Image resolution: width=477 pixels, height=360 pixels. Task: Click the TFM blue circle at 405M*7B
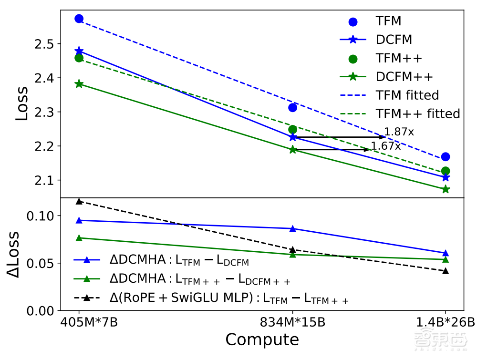click(79, 19)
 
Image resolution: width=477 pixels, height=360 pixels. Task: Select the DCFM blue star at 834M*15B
click(293, 137)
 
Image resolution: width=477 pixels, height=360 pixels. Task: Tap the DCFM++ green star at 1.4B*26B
click(446, 189)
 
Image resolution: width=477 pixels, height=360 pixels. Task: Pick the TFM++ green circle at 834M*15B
click(293, 129)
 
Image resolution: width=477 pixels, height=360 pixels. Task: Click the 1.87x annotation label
click(399, 132)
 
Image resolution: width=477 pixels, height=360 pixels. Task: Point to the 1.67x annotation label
click(386, 146)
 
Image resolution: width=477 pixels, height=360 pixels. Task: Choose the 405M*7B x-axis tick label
click(89, 323)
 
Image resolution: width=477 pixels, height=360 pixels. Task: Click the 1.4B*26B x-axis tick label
click(445, 323)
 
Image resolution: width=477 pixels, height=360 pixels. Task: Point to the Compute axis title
click(262, 340)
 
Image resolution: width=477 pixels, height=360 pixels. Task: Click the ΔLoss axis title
click(14, 255)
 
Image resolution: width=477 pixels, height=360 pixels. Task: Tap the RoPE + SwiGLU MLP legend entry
click(229, 298)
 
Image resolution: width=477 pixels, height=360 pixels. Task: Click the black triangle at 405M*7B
click(79, 201)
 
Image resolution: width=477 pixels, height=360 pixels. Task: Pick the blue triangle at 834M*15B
click(293, 228)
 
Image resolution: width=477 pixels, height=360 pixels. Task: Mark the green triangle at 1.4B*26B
click(446, 259)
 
